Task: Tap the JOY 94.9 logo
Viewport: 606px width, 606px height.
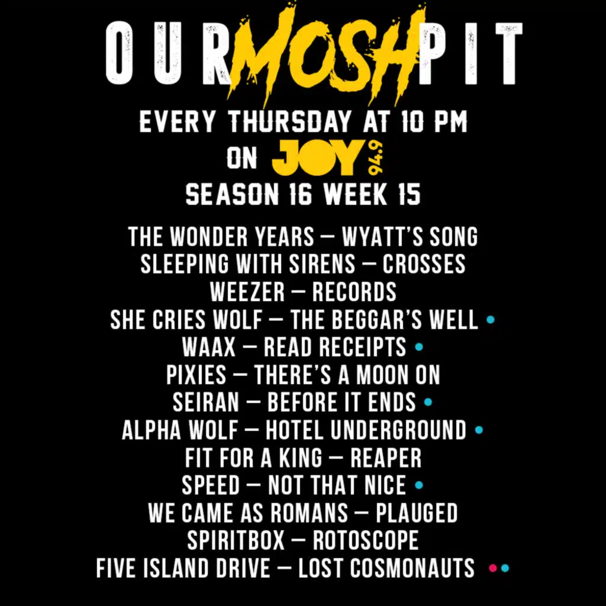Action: pos(328,157)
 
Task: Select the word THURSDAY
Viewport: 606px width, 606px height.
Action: pos(289,122)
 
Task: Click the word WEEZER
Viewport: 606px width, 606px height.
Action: pos(247,292)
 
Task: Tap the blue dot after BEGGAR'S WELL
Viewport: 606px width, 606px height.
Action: pos(491,320)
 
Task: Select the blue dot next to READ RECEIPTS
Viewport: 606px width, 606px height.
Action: pos(419,347)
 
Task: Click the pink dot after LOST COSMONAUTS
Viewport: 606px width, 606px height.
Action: pos(493,568)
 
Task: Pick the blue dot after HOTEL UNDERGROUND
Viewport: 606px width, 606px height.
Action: pos(479,430)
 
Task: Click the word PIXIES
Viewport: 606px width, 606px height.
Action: pos(196,375)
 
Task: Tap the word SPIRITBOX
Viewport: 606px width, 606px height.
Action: pos(236,540)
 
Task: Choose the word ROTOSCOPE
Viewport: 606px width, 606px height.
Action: pos(366,540)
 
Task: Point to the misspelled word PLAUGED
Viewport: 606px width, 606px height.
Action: pos(417,512)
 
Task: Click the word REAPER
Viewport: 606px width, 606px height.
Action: pos(386,457)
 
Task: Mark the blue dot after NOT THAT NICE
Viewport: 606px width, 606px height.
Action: pos(419,485)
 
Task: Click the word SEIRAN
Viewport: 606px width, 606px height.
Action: pos(206,402)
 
